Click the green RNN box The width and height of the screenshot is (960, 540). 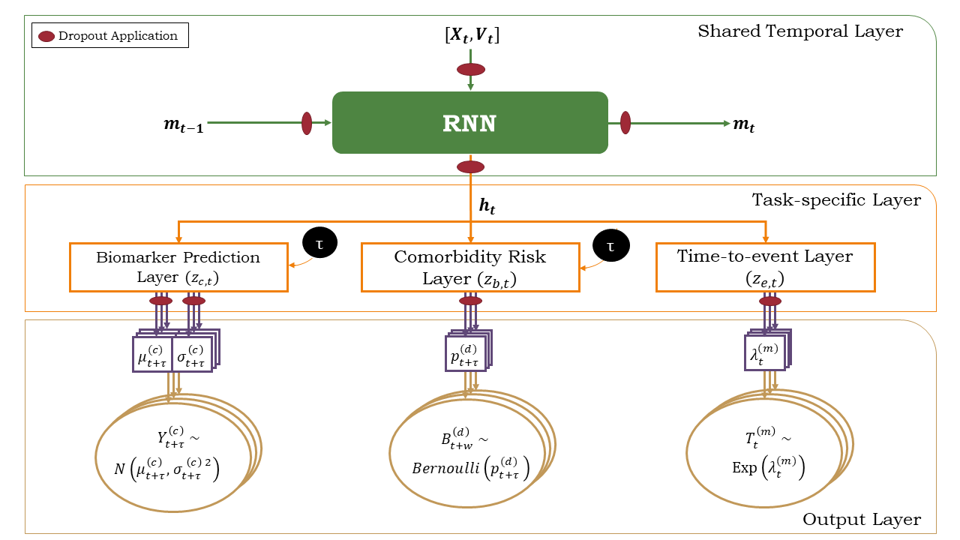pos(469,122)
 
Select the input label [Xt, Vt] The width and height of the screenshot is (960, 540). pos(472,35)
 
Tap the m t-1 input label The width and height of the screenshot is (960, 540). pos(183,124)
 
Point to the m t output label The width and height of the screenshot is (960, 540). pos(743,124)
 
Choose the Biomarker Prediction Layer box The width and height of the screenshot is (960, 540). pos(178,266)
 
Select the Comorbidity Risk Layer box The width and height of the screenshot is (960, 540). pos(470,266)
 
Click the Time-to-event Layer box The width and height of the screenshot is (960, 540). pos(765,266)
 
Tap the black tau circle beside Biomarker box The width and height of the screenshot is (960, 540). pos(319,241)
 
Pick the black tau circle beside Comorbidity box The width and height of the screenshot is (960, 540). pos(610,245)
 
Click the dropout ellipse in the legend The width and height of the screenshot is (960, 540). pos(46,36)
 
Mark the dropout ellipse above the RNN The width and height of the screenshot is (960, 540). pos(471,70)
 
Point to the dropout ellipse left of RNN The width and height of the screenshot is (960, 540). pos(307,123)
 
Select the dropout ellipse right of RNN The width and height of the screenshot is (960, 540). pos(625,123)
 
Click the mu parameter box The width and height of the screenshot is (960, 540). pos(152,354)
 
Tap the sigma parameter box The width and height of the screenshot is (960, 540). pos(192,354)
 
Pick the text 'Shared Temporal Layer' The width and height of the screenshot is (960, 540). pos(800,31)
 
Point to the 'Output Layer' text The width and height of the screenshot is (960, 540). pos(862,519)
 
